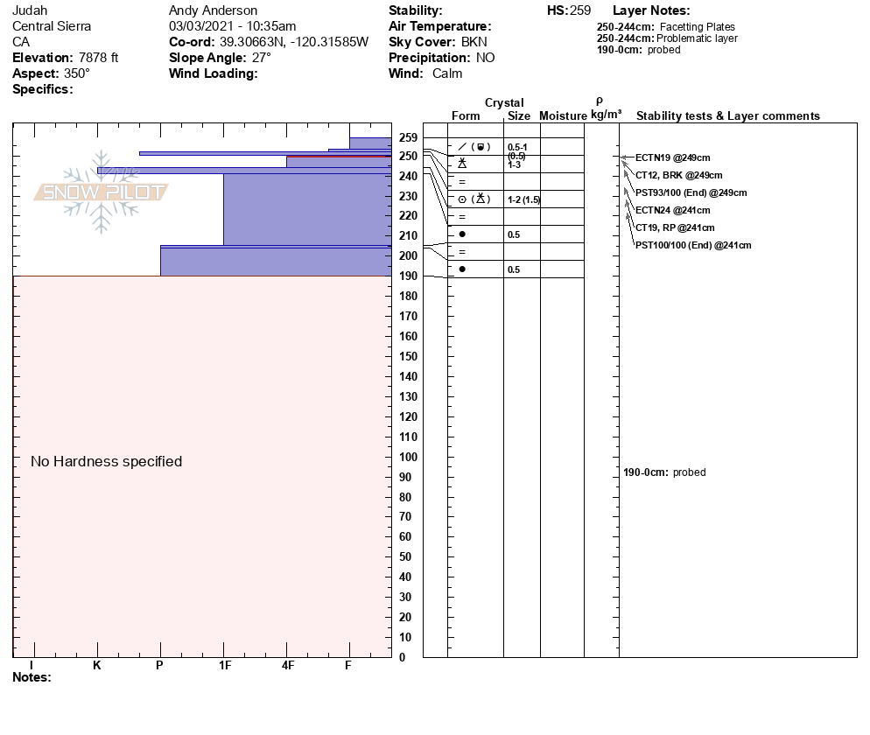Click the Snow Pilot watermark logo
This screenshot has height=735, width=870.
pos(102,192)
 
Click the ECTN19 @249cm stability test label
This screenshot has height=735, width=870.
pos(672,157)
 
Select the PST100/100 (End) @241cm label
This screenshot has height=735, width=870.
pos(693,245)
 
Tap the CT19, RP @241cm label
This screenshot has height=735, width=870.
pos(672,227)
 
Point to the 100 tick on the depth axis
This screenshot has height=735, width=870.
pos(408,457)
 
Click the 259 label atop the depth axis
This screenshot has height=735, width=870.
pos(408,138)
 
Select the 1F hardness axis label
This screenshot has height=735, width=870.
pos(225,666)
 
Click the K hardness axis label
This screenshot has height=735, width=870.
pos(97,666)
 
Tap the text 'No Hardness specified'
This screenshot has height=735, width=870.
pos(106,461)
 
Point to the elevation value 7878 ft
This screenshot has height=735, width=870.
pos(98,58)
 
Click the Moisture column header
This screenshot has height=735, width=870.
pos(563,116)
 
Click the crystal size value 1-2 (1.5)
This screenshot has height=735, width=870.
pos(524,199)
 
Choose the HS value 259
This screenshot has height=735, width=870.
pos(580,10)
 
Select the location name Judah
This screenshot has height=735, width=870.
pos(30,10)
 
